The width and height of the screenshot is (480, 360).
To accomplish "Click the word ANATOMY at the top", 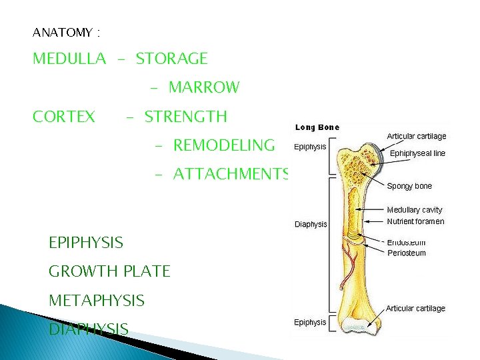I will [62, 31].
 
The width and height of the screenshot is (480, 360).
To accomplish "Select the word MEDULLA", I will [69, 59].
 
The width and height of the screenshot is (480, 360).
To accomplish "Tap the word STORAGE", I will [172, 59].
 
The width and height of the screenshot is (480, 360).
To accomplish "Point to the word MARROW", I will [204, 87].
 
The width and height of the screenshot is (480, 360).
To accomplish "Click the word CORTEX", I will [64, 117].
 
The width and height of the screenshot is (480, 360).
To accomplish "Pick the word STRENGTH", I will [186, 117].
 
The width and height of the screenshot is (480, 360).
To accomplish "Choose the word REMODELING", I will [224, 145].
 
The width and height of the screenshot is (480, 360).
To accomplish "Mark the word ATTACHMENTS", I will [231, 174].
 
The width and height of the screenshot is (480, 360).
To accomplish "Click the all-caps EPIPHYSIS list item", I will [86, 242].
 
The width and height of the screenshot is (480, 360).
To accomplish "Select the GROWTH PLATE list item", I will [110, 271].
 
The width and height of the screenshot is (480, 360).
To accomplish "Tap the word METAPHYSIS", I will [97, 301].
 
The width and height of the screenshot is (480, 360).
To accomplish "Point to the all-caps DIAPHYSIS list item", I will [89, 329].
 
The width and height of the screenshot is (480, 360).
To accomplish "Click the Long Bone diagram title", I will [317, 127].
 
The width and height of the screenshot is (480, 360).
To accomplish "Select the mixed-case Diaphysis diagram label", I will [311, 225].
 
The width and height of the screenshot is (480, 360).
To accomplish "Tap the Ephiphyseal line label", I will [417, 153].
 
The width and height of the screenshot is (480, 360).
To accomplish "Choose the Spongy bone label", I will [409, 186].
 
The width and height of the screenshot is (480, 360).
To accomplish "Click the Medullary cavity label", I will [415, 210].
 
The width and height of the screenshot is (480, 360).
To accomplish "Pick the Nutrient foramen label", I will [415, 221].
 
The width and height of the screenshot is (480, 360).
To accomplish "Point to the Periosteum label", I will [407, 253].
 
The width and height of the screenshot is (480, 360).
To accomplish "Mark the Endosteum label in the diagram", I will [407, 243].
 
